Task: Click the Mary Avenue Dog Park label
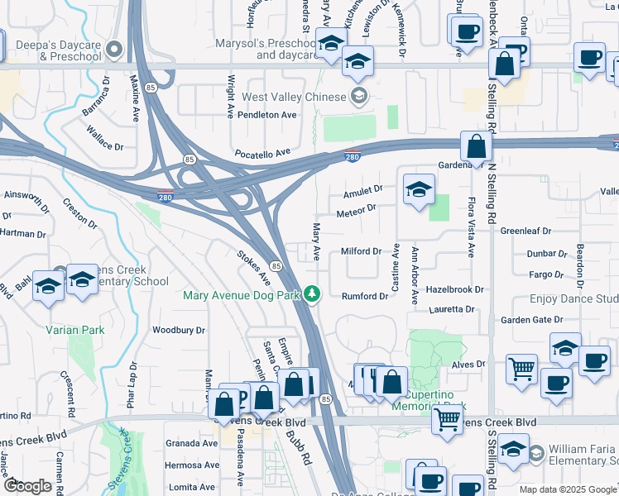point(241,295)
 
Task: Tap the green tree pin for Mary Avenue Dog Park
point(312,294)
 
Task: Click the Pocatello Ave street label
point(264,153)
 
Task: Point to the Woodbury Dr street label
point(178,330)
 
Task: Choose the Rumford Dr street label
point(365,296)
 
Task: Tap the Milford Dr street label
point(360,251)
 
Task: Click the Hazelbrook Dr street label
point(454,290)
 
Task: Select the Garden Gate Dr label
point(530,319)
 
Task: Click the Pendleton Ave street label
point(266,115)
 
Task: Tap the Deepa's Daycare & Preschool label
point(54,50)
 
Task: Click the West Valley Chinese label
point(293,98)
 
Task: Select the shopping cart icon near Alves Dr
point(521,369)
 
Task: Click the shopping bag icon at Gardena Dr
point(477,146)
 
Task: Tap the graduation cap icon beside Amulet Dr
point(419,191)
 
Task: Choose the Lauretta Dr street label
point(452,310)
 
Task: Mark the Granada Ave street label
point(191,443)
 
